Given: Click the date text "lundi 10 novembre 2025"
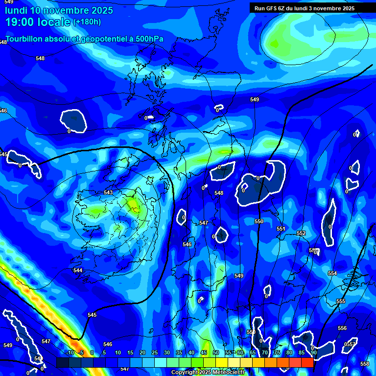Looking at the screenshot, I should click(x=59, y=10).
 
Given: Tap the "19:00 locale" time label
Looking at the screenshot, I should click(x=38, y=22).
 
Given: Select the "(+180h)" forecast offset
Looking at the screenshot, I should click(x=87, y=22).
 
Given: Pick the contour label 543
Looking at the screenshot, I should click(x=108, y=192).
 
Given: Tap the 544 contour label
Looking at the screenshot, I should click(x=78, y=270).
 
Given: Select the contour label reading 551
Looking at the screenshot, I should click(x=281, y=229).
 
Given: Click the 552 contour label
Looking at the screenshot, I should click(x=301, y=234).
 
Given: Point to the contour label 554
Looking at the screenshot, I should click(x=332, y=273).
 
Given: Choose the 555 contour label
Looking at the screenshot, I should click(x=341, y=301).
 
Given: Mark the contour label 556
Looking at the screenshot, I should click(x=342, y=328).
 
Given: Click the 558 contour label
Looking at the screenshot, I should click(x=365, y=364).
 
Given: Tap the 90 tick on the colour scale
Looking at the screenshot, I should click(x=313, y=352).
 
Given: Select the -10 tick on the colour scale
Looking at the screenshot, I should click(x=70, y=352).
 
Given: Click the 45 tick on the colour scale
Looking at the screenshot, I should click(x=204, y=352).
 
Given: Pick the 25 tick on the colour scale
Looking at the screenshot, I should click(x=155, y=352).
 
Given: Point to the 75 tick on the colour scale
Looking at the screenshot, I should click(x=277, y=352).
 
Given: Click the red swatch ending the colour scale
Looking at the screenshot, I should click(x=307, y=362).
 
